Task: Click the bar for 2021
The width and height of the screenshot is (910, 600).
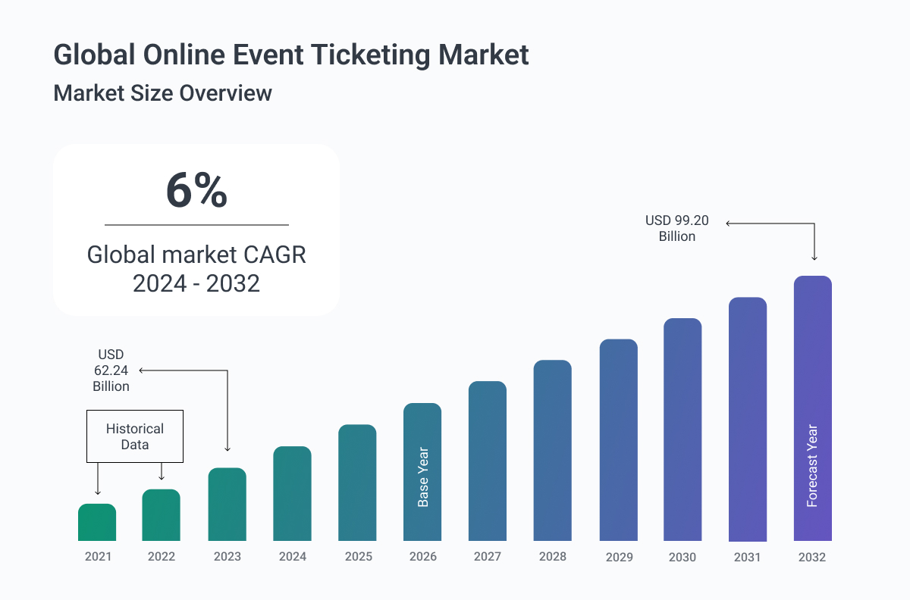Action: click(97, 523)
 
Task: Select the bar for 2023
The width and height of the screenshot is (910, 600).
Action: click(227, 505)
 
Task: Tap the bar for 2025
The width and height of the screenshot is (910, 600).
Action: click(357, 483)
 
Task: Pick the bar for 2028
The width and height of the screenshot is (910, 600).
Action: click(552, 451)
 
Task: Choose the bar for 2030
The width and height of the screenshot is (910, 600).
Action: click(682, 430)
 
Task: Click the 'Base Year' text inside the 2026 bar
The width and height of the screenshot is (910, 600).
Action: click(423, 477)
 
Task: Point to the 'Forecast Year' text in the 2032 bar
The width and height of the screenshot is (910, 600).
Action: click(812, 466)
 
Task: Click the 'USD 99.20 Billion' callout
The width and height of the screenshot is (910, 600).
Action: click(676, 228)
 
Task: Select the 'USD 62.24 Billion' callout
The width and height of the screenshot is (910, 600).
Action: click(111, 370)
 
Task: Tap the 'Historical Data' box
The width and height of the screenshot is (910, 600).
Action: click(135, 436)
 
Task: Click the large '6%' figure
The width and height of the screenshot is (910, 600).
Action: click(196, 191)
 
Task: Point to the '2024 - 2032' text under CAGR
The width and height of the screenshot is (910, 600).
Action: click(196, 283)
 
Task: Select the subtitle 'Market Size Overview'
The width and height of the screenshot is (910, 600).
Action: click(162, 93)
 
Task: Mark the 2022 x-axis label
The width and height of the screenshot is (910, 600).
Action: click(162, 557)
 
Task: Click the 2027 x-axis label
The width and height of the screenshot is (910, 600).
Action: click(488, 557)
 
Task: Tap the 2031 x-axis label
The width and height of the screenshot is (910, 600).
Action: click(748, 557)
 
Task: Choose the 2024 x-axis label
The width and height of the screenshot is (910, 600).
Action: click(292, 557)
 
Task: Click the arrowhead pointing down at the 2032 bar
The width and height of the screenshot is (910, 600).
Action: click(814, 258)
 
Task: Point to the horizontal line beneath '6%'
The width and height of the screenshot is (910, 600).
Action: click(196, 225)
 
